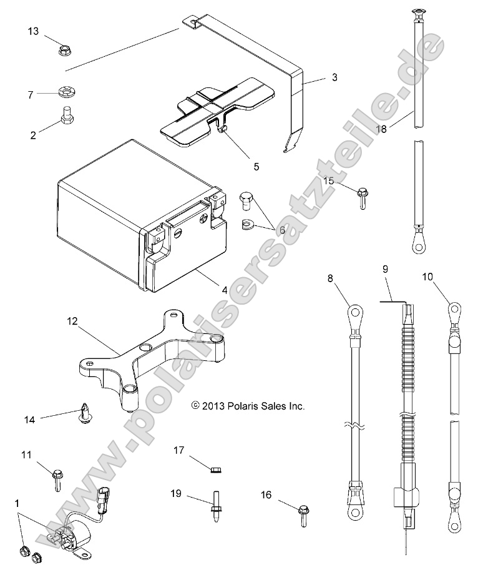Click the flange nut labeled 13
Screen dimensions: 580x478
(64, 49)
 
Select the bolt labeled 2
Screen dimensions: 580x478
(65, 117)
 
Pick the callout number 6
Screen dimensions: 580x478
(281, 230)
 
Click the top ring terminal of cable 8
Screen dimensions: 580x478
(355, 310)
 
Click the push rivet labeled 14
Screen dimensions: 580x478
(84, 415)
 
